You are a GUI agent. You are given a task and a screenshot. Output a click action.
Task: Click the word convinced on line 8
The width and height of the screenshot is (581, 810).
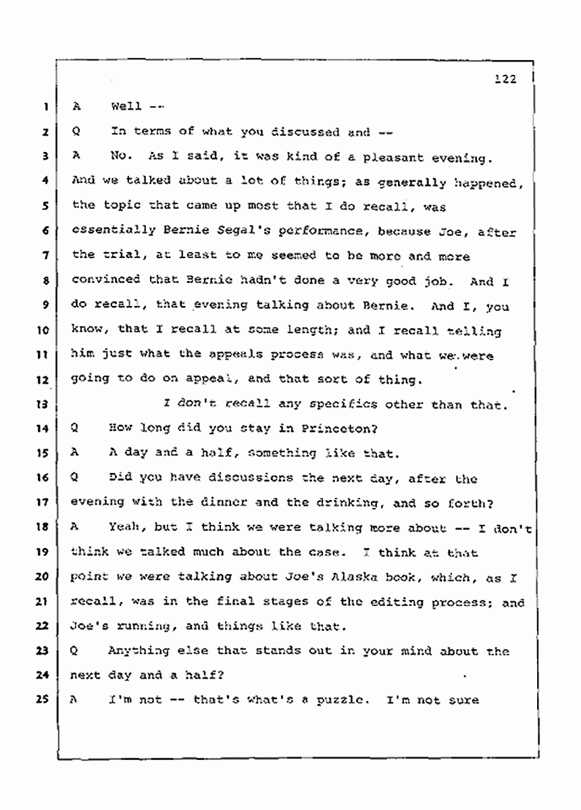(x=105, y=280)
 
